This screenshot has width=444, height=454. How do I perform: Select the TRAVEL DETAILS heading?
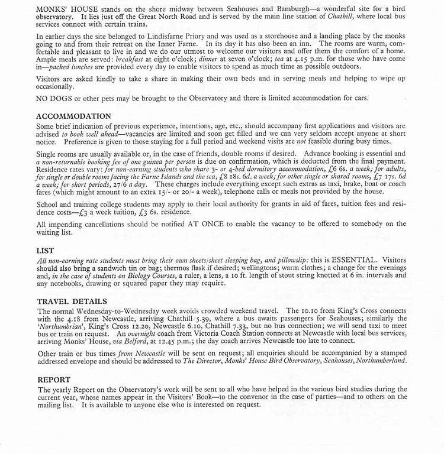[x=72, y=301]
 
